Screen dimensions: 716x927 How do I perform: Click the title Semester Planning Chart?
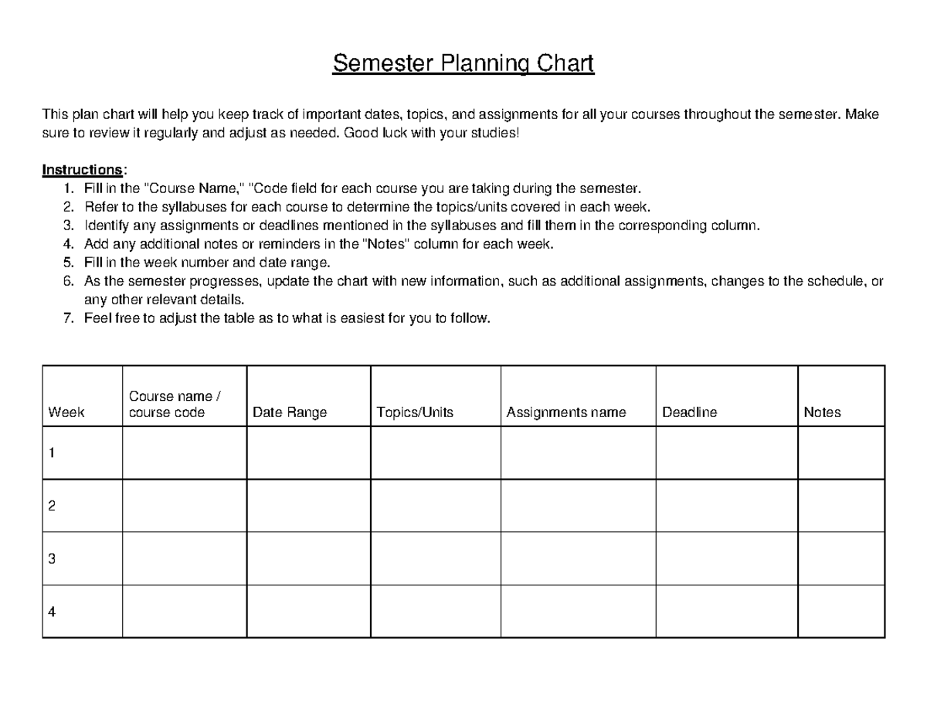pyautogui.click(x=463, y=63)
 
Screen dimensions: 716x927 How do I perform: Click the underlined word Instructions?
pyautogui.click(x=82, y=170)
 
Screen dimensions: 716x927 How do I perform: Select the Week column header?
pyautogui.click(x=66, y=412)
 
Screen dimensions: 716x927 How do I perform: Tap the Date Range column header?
pyautogui.click(x=290, y=412)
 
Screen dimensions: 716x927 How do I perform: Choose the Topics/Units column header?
pyautogui.click(x=415, y=412)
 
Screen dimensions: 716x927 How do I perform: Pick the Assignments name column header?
pyautogui.click(x=566, y=412)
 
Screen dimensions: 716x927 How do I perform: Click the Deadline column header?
pyautogui.click(x=689, y=412)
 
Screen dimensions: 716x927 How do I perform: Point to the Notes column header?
pyautogui.click(x=822, y=412)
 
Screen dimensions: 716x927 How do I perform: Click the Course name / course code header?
pyautogui.click(x=175, y=405)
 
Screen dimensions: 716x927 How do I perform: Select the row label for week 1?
pyautogui.click(x=52, y=453)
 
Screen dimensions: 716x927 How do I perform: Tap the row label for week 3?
pyautogui.click(x=52, y=559)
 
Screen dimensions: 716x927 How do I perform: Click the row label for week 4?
pyautogui.click(x=52, y=613)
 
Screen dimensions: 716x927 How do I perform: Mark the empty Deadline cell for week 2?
pyautogui.click(x=726, y=506)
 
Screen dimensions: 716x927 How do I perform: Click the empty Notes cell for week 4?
pyautogui.click(x=840, y=612)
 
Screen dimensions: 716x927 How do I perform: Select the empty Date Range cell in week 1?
pyautogui.click(x=308, y=453)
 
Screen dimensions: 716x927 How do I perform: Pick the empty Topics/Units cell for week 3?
pyautogui.click(x=436, y=558)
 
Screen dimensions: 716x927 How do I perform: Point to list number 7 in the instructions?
pyautogui.click(x=69, y=318)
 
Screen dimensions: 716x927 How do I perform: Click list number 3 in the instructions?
pyautogui.click(x=69, y=226)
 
